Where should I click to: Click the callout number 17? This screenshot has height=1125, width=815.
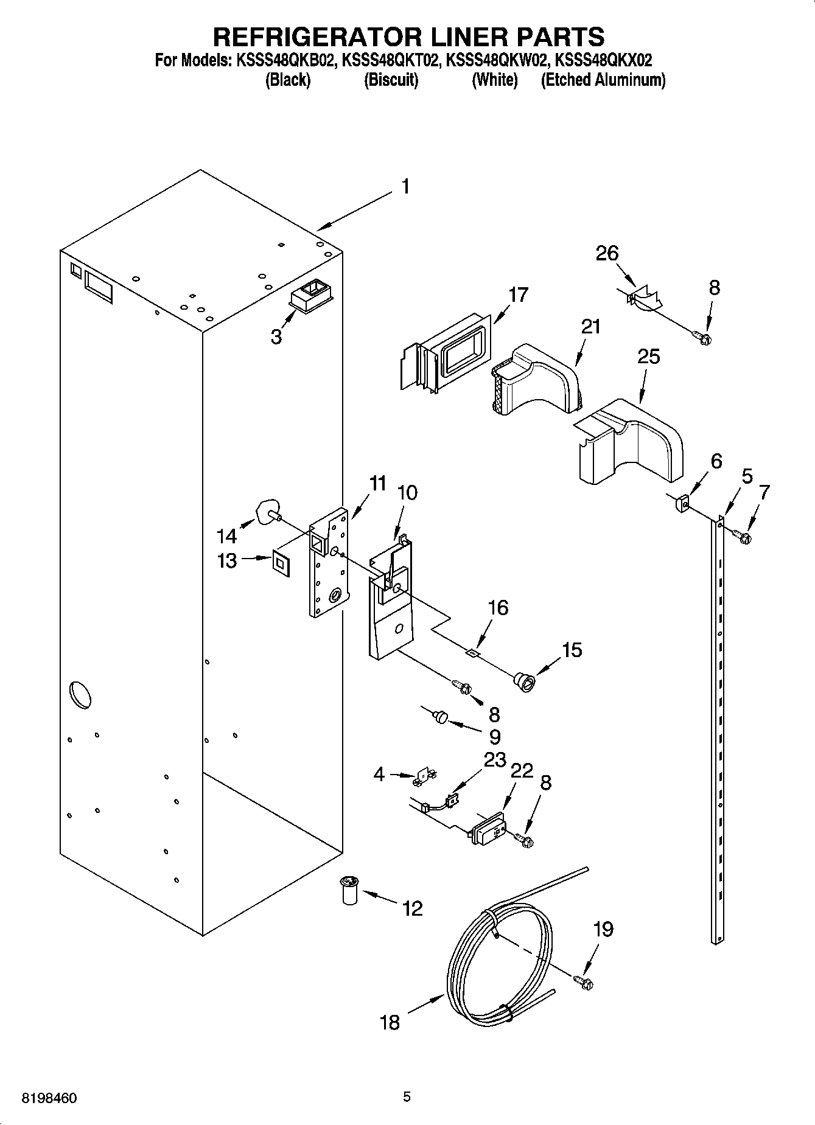tap(519, 295)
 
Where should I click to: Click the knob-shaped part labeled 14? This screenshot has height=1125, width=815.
tap(267, 510)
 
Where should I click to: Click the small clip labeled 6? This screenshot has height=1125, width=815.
tap(682, 503)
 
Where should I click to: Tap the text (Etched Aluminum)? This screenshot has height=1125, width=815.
tap(603, 80)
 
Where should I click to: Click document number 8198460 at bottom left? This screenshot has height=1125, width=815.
tap(49, 1098)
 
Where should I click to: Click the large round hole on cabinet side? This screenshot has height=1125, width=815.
tap(80, 695)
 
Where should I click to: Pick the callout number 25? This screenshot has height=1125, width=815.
tap(648, 356)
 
